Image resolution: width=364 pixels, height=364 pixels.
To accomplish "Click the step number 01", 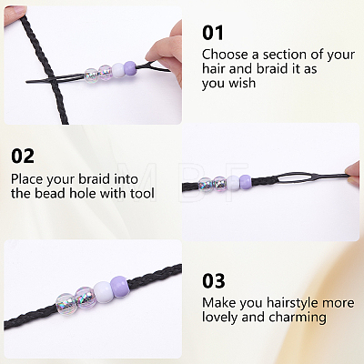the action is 213,33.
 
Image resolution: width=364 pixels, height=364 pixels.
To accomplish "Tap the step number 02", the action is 23,156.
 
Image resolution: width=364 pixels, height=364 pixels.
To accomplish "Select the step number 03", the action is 214,281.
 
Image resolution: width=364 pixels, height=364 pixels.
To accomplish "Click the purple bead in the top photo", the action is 130,67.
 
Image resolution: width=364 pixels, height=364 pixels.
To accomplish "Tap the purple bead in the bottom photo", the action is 118,285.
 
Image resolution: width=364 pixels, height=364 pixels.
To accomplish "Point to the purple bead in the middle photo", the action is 246,181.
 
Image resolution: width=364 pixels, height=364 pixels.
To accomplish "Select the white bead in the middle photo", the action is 233,183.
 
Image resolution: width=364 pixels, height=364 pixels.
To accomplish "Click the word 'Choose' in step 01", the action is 225,55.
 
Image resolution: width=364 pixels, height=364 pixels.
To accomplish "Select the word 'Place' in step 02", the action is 27,179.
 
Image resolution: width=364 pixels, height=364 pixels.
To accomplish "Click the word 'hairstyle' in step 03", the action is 292,303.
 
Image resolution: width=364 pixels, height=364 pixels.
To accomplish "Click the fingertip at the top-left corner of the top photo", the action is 15,11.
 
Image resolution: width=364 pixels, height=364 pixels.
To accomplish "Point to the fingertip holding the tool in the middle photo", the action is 353,173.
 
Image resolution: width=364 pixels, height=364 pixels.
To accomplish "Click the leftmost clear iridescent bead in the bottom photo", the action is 65,302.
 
